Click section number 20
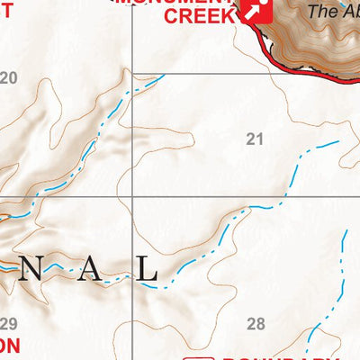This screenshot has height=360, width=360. (x=9, y=78)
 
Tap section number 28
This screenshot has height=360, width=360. (x=256, y=324)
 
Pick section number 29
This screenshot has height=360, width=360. (x=9, y=324)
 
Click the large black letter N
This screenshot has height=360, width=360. (x=28, y=270)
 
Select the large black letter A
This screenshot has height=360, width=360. (x=86, y=270)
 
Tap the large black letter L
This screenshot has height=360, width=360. (x=147, y=270)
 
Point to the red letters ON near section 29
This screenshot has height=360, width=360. (x=9, y=346)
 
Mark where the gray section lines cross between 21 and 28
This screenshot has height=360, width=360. (x=132, y=196)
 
